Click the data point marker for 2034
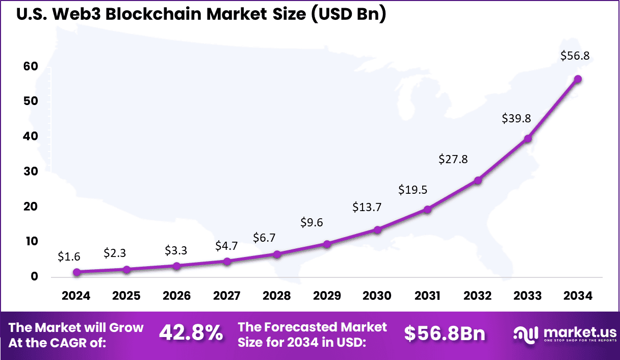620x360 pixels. tap(578, 79)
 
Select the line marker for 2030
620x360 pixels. tap(377, 230)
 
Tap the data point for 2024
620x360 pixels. tap(76, 272)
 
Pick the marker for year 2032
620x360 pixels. tap(478, 181)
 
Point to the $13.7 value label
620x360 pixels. tap(367, 207)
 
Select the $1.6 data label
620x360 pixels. tap(69, 256)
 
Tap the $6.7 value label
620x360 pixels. tap(264, 238)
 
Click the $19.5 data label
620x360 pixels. tap(413, 190)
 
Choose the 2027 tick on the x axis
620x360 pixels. tap(227, 296)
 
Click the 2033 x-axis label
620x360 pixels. tap(528, 296)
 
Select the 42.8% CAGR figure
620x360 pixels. tap(191, 333)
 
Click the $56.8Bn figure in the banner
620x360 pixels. tap(445, 333)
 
